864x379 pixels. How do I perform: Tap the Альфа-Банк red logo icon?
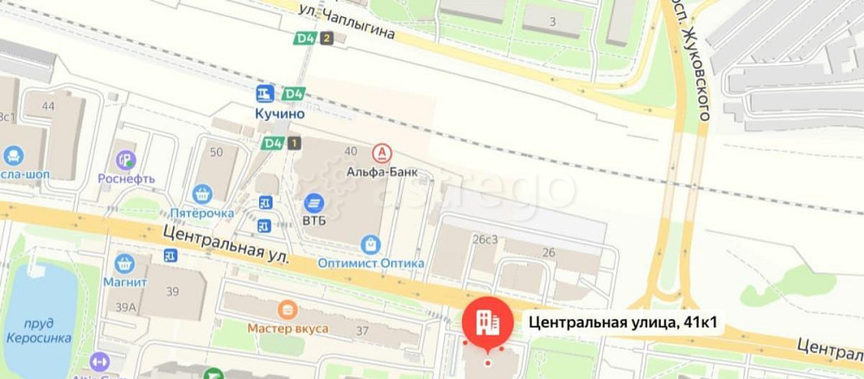(380, 154)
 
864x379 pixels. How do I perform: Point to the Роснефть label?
(126, 179)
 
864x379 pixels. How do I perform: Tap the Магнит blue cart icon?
(124, 263)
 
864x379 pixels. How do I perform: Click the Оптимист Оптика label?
(371, 262)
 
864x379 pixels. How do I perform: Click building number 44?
(48, 106)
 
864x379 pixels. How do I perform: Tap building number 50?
(216, 152)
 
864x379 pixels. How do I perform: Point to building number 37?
(362, 332)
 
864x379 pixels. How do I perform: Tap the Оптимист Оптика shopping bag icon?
(371, 244)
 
